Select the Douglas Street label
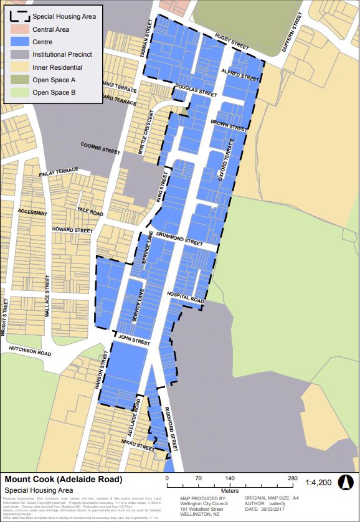196,91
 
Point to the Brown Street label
228,123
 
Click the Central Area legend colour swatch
18,29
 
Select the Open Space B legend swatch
18,93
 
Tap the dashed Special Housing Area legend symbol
18,16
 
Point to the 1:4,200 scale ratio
318,482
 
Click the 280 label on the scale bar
291,478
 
